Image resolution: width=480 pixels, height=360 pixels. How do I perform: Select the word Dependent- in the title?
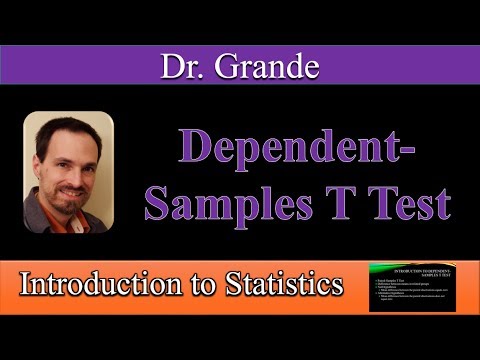coord(297,151)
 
